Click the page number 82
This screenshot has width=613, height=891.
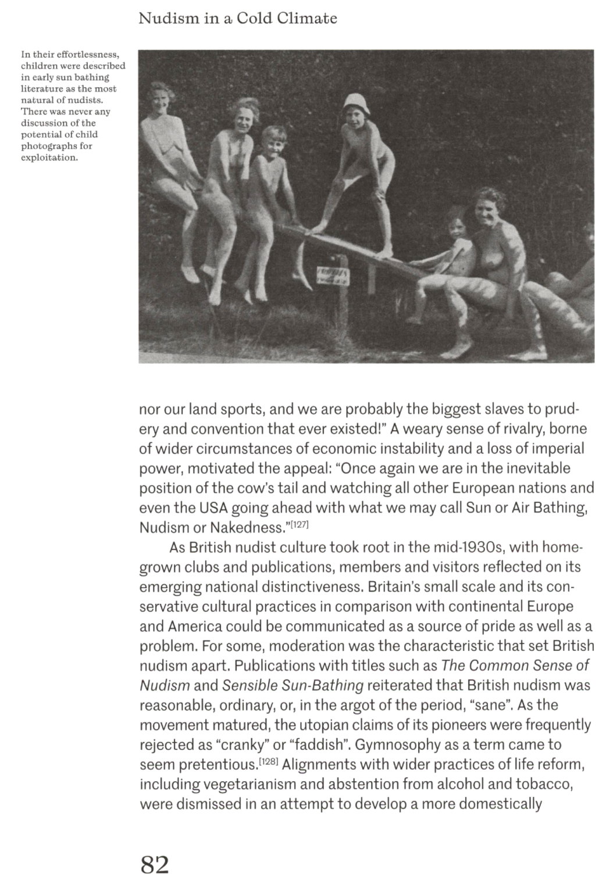tap(154, 865)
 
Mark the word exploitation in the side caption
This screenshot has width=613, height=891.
tap(49, 157)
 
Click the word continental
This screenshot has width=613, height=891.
tap(489, 607)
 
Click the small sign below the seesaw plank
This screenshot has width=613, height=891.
tap(332, 277)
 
